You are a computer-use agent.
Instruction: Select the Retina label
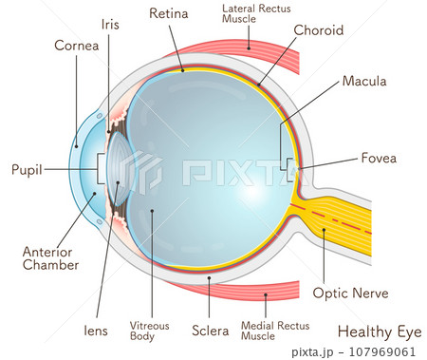pos(169,13)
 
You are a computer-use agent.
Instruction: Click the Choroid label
pos(319,30)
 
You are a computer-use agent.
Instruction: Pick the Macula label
pos(364,82)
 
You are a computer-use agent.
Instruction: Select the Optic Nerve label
pos(349,294)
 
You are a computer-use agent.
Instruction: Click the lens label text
pos(94,331)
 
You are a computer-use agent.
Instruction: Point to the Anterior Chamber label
pos(50,258)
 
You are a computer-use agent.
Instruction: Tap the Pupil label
pos(27,170)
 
